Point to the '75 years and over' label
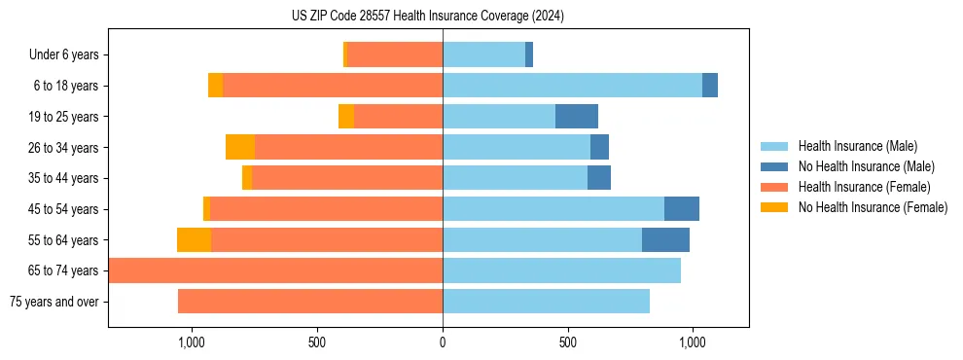[x=54, y=302]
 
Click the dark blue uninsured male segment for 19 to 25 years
[x=577, y=117]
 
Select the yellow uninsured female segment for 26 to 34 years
[x=240, y=148]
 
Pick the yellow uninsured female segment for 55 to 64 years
[x=195, y=240]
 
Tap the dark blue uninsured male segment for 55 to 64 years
[x=665, y=240]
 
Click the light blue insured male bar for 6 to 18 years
[x=572, y=86]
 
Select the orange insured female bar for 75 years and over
[x=310, y=302]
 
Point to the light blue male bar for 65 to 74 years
[x=561, y=270]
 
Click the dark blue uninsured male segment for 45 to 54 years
[x=682, y=209]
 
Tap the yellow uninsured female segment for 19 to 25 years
[x=346, y=117]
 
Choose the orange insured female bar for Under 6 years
[x=395, y=55]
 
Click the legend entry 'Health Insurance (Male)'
[x=857, y=146]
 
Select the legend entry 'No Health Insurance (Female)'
[x=873, y=207]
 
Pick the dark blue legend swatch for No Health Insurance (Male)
[x=774, y=166]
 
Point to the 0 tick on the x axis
[x=443, y=342]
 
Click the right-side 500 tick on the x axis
[x=568, y=342]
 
